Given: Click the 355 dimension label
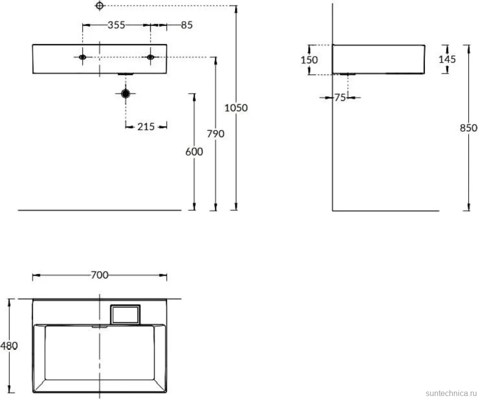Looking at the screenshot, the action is (x=116, y=25).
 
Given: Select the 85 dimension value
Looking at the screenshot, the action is (x=187, y=25).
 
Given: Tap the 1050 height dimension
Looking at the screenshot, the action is (x=236, y=107).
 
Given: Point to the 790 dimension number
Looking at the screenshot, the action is (x=215, y=133).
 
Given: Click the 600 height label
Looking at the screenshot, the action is (x=194, y=152).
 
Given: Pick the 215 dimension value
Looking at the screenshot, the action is (x=146, y=127).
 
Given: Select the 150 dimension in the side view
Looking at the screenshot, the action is (x=309, y=60).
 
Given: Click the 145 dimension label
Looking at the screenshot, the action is (x=447, y=59).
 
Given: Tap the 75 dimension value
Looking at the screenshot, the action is (x=340, y=98).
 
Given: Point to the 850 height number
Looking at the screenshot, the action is (x=469, y=128).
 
